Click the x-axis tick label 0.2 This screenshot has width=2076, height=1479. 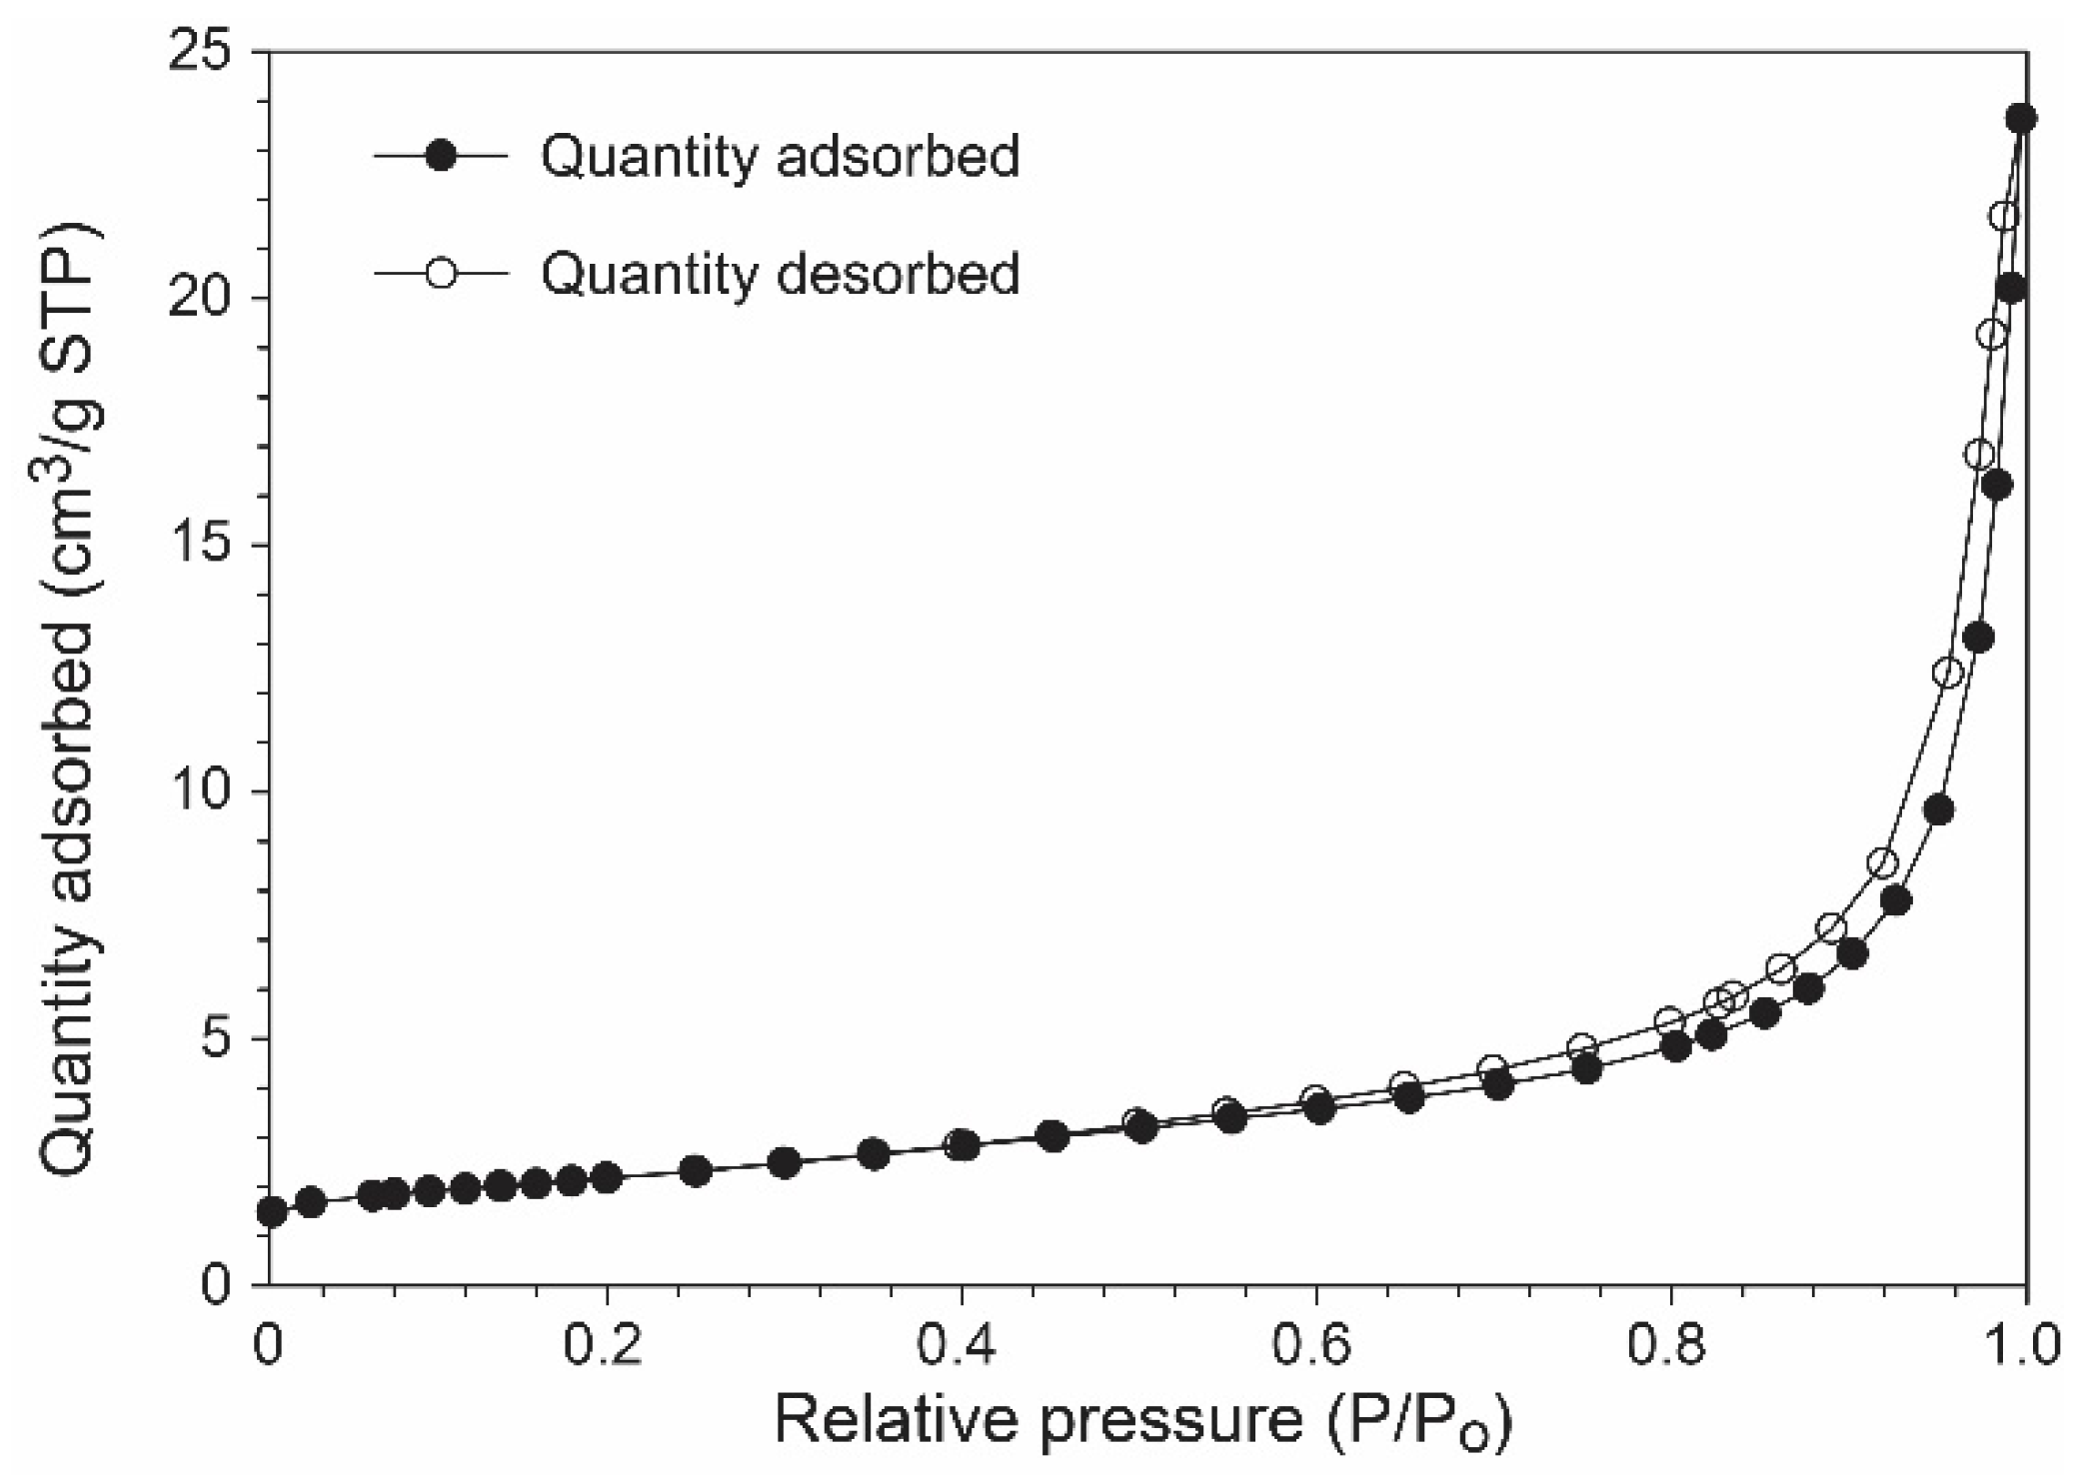pos(606,1344)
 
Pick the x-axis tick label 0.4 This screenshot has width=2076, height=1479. pos(961,1344)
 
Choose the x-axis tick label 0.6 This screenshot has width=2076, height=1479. pos(1316,1344)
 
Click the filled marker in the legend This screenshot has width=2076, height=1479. pos(441,157)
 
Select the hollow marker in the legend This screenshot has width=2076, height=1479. pos(441,273)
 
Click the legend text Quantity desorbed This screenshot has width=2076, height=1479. pos(781,273)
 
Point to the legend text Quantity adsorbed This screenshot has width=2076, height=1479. pos(781,157)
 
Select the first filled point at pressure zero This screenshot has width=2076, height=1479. pos(272,1212)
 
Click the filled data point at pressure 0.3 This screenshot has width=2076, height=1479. pos(785,1163)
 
